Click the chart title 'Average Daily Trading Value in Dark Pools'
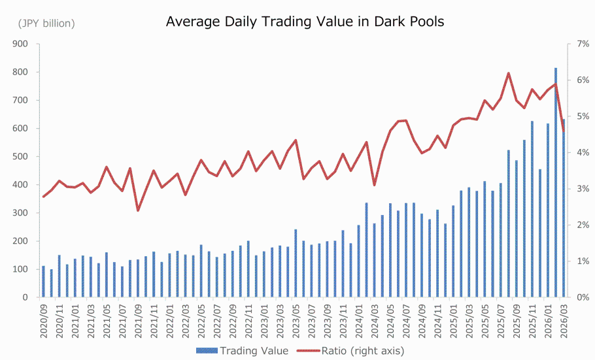coord(305,22)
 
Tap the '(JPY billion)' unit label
coord(46,24)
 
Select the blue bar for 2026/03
coord(564,208)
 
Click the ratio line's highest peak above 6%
coord(508,73)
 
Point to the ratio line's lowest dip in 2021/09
coord(138,210)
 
